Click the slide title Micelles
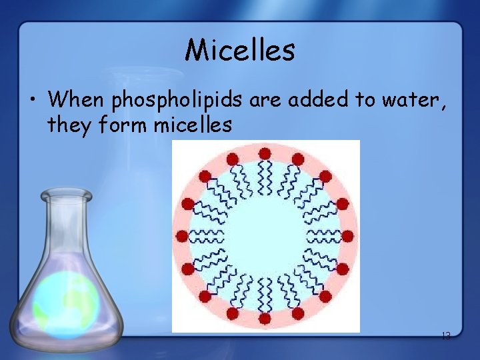240,49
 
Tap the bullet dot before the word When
32,101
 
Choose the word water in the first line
414,100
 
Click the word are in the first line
266,100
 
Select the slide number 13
446,337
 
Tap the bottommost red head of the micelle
265,319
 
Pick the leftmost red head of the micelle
182,235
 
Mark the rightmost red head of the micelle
347,235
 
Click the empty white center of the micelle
265,236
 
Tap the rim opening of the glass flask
65,195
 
